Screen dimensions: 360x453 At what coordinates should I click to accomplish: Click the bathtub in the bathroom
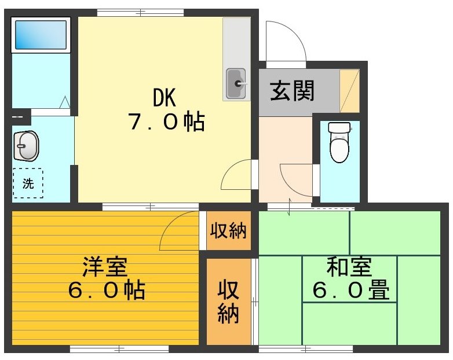coord(40,35)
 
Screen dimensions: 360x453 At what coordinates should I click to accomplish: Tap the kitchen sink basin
coord(236,85)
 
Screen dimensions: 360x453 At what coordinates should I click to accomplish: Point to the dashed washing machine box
coord(28,183)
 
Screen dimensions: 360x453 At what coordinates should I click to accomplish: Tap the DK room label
coord(164,98)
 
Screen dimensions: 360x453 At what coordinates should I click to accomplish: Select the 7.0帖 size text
coord(165,122)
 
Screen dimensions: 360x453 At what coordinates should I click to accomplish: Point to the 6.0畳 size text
coord(350,290)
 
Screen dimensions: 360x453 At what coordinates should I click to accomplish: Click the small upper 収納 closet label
coord(228,231)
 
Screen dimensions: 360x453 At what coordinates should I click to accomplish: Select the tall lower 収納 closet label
coord(228,301)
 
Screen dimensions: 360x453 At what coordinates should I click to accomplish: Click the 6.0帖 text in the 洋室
coord(106,290)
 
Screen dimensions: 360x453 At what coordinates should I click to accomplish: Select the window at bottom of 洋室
coord(119,349)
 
